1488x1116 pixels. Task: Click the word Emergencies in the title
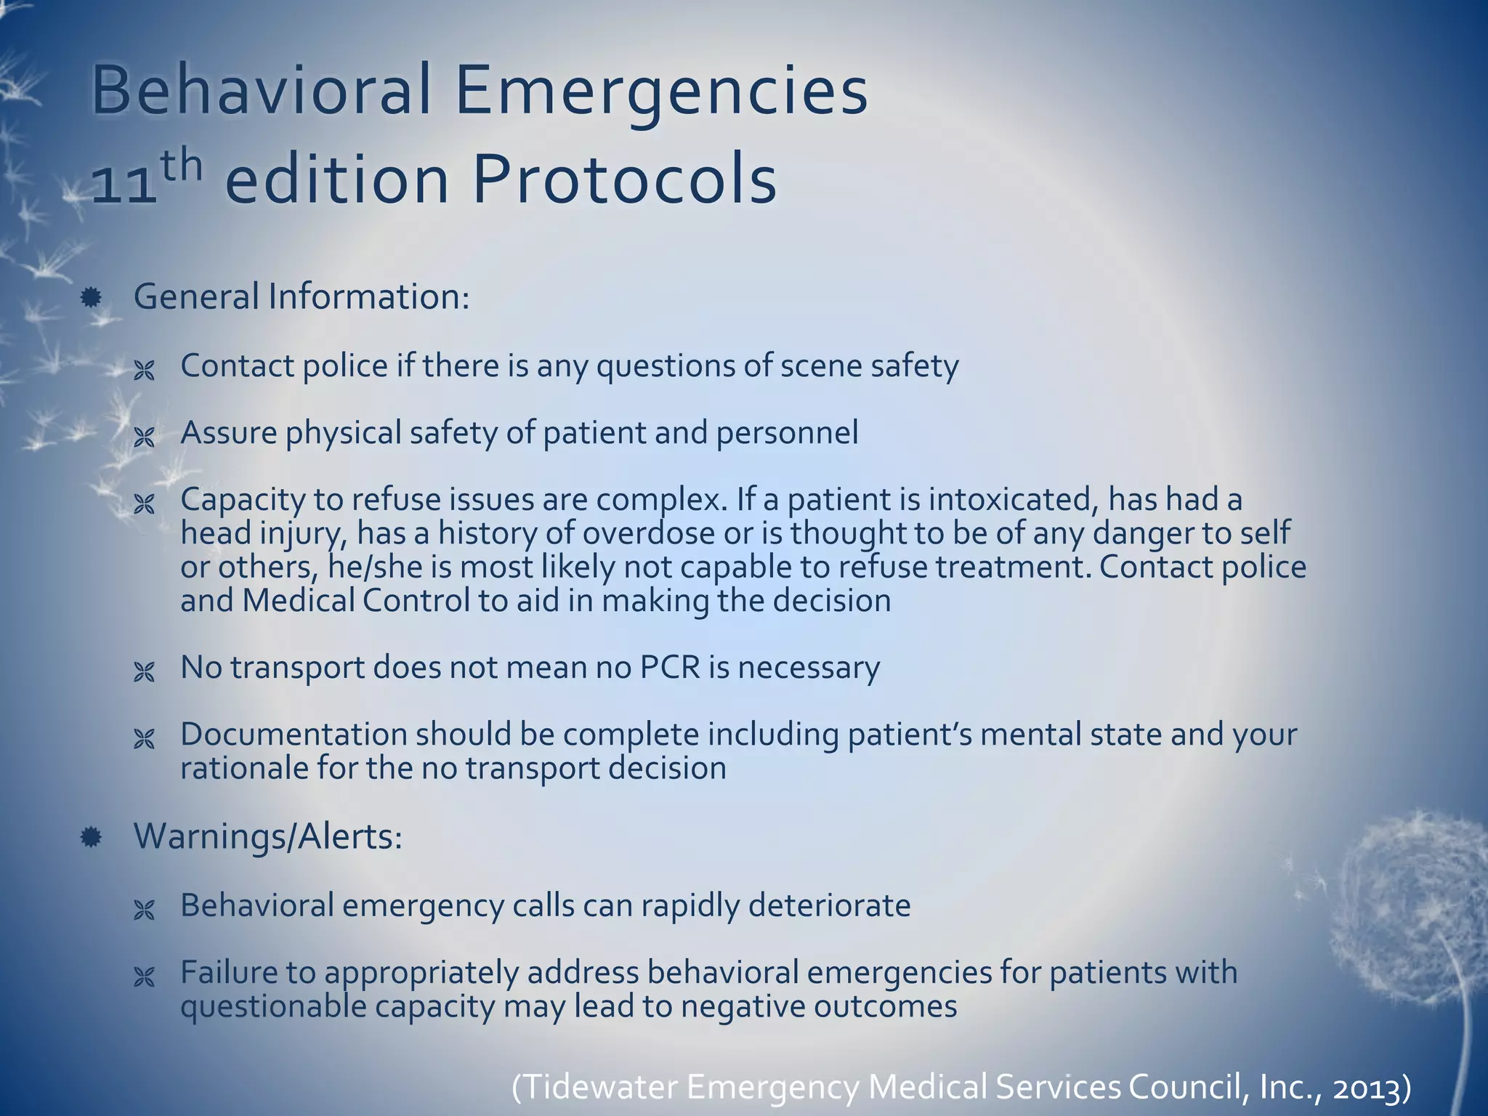tap(660, 92)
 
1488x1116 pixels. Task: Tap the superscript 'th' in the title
tap(181, 166)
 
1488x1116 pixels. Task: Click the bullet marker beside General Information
tap(91, 297)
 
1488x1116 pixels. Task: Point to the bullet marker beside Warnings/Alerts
tap(91, 838)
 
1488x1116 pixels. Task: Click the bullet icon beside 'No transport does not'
tap(145, 673)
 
